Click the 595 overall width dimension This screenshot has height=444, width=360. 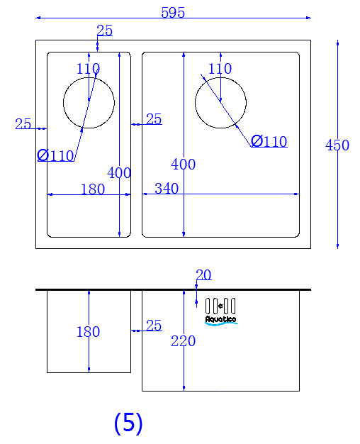pos(173,13)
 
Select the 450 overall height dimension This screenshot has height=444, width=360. pos(337,145)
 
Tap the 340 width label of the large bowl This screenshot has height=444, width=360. pos(167,188)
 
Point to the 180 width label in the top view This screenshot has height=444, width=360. pos(93,189)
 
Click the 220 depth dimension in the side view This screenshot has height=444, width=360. pos(183,341)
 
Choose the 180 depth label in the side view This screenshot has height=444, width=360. pos(89,332)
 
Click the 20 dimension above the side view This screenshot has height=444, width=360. pos(203,274)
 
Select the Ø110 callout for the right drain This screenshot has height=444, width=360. pos(269,141)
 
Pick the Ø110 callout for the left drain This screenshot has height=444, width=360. pos(55,155)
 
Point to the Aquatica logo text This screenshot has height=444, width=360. pos(221,319)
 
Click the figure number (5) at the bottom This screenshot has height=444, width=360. pos(128,423)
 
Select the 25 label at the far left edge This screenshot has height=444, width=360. pos(23,123)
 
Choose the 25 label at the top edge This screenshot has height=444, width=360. pos(105,30)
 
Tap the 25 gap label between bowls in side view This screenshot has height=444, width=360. pos(154,326)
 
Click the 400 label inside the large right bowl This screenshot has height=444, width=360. pos(183,165)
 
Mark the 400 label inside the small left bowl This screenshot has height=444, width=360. pos(119,173)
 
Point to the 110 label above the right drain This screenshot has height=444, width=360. pos(220,69)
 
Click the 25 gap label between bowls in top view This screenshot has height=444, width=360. pos(154,119)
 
